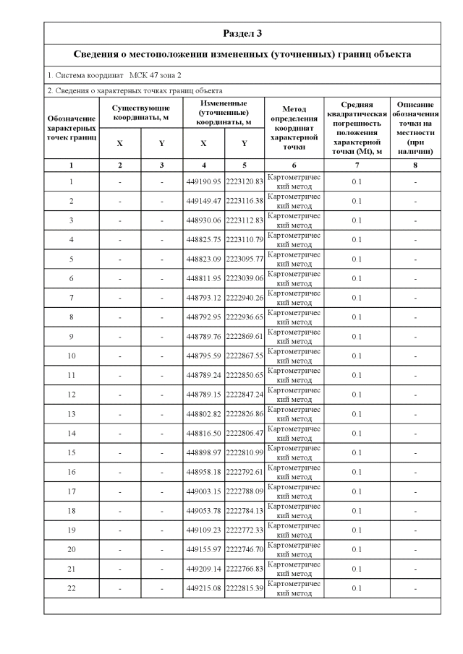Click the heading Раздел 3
coord(242,33)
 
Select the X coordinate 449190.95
coord(203,181)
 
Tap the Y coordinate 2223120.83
coord(245,181)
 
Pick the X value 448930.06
coord(203,220)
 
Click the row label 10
coord(72,356)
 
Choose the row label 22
coord(72,588)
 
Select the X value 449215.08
coord(203,588)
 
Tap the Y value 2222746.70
coord(245,549)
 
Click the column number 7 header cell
coord(356,165)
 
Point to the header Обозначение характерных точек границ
coord(72,127)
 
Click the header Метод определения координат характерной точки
coord(294,127)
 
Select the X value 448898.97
coord(203,452)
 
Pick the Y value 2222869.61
coord(245,336)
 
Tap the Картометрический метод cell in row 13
coord(294,414)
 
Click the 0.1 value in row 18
coord(356,511)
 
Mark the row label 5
coord(72,259)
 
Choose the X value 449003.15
coord(203,491)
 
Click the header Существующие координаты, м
coord(141,113)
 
